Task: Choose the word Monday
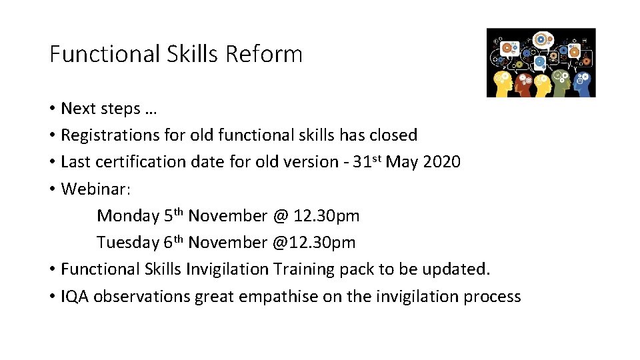point(127,216)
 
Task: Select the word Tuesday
point(127,243)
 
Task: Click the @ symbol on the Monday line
point(279,216)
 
